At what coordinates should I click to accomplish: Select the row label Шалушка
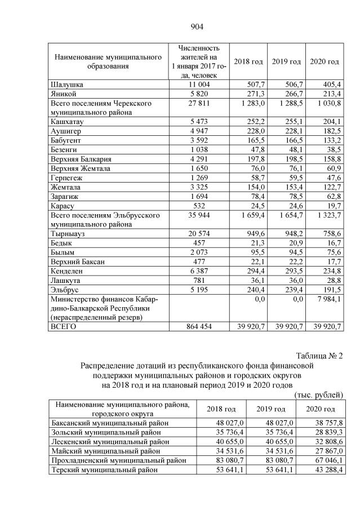66,84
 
